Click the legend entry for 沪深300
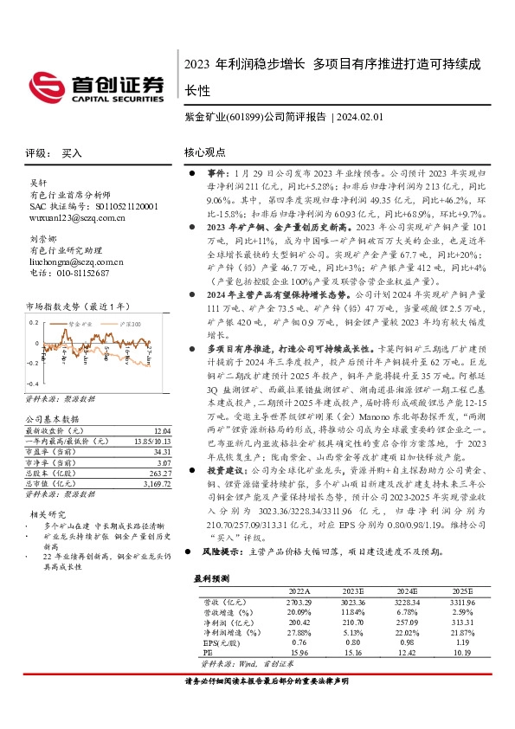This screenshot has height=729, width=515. tap(123, 321)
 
